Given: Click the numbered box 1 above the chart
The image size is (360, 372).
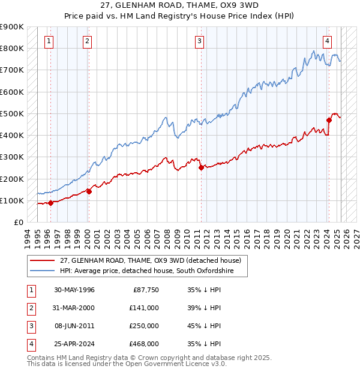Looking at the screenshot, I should (48, 41).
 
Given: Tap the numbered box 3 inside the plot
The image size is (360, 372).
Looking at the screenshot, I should (199, 41).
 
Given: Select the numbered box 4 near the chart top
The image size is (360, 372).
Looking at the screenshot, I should (328, 41).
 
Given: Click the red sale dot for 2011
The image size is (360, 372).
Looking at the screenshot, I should (201, 168).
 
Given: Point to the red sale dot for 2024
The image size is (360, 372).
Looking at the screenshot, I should (329, 120).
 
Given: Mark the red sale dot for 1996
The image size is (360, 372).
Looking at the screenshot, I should (51, 203).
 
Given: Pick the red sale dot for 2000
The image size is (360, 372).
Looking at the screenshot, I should (89, 191).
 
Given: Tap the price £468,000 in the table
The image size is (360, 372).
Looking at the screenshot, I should (145, 344).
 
